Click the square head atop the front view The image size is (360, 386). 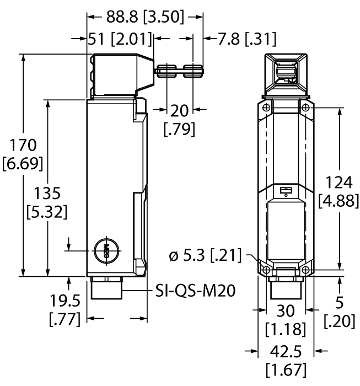[x=286, y=72]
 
